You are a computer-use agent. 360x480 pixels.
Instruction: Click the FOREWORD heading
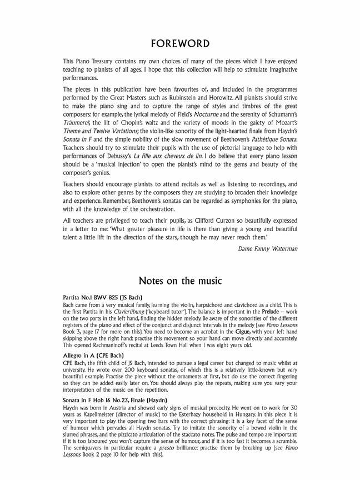(x=179, y=44)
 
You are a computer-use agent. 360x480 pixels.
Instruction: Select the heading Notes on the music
(x=179, y=281)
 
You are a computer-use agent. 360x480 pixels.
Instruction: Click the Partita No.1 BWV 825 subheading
(x=103, y=298)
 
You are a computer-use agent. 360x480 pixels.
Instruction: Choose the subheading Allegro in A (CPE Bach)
(x=93, y=355)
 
